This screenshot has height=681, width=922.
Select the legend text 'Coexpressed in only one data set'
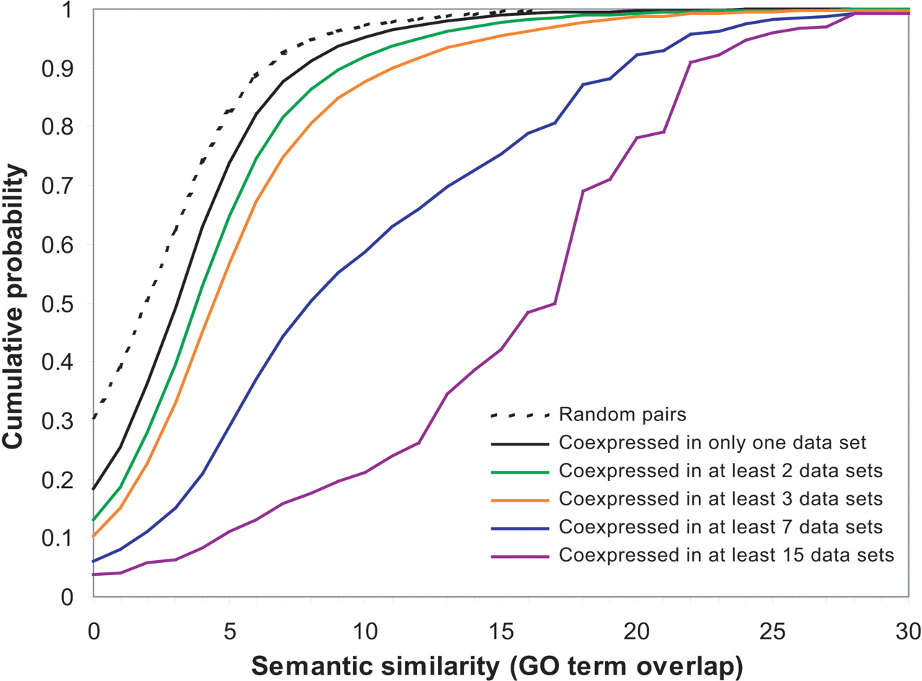coord(721,442)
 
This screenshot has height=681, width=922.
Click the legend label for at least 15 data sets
coord(727,555)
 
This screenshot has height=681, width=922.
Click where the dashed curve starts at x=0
coord(94,418)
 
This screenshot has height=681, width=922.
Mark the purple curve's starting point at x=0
coord(94,574)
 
